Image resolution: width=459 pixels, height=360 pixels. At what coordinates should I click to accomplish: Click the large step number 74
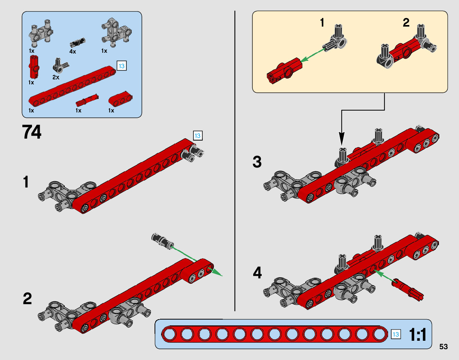point(32,132)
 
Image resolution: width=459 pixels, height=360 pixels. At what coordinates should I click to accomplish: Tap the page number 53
point(443,347)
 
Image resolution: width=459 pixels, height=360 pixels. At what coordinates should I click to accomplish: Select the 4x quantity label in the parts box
point(73,51)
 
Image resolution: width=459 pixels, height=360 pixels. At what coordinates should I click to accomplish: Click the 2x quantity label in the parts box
point(56,77)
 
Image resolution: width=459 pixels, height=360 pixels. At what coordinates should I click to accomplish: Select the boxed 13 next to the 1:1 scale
point(396,334)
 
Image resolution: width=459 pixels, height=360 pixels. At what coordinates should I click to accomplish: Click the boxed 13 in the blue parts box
point(121,66)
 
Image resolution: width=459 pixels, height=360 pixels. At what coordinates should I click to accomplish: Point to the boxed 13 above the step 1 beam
point(197,136)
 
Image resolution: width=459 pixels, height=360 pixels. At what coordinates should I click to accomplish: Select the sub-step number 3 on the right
point(257,162)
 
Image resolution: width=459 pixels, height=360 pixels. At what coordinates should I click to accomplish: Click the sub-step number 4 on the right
point(257,273)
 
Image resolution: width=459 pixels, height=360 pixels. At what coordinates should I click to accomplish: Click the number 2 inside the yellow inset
point(406,23)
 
